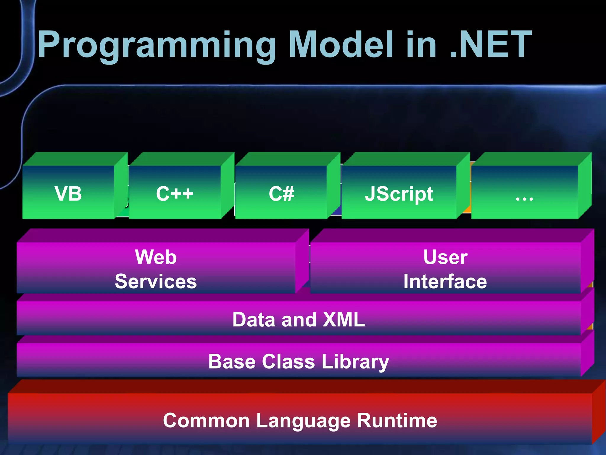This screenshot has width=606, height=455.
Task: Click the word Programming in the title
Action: (157, 45)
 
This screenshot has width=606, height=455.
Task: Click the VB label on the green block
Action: (68, 194)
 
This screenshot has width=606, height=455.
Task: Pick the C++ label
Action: (175, 194)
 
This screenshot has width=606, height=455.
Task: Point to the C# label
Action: (281, 194)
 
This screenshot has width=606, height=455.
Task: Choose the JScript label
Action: (399, 194)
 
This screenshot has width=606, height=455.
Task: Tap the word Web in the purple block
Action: (156, 257)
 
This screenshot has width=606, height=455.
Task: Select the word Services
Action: (156, 281)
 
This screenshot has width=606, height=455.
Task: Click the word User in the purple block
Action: (445, 257)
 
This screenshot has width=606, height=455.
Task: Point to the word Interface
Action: (445, 281)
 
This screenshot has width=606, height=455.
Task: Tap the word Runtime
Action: (397, 420)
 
